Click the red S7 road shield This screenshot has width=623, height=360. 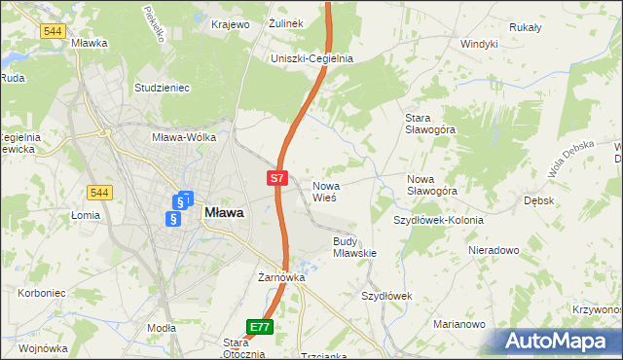pyautogui.click(x=277, y=178)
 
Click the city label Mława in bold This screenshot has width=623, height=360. pyautogui.click(x=224, y=211)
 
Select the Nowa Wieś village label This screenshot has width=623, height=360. pyautogui.click(x=324, y=191)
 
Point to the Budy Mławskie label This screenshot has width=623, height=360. pyautogui.click(x=354, y=246)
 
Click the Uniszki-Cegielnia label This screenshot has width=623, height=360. pyautogui.click(x=311, y=58)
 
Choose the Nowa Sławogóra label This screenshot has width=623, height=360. pyautogui.click(x=432, y=185)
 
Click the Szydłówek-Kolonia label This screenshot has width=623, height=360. pyautogui.click(x=438, y=220)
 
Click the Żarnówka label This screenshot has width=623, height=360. pyautogui.click(x=281, y=277)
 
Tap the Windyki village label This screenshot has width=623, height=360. pyautogui.click(x=479, y=44)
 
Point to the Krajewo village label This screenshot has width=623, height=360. pyautogui.click(x=230, y=23)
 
